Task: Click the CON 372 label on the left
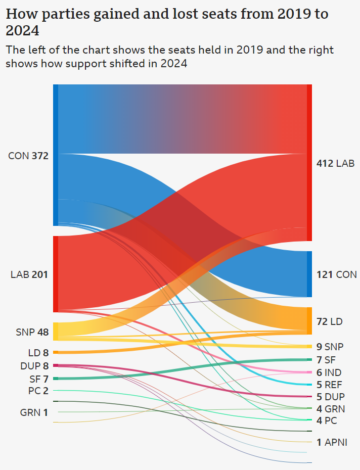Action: (x=28, y=156)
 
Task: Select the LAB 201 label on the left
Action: (x=29, y=275)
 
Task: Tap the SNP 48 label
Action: (x=32, y=333)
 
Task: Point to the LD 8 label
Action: (x=38, y=353)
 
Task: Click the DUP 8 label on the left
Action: (x=35, y=366)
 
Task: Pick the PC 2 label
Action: (x=38, y=391)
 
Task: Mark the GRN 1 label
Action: (x=34, y=412)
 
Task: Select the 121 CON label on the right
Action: (x=336, y=275)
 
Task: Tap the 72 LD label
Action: (x=329, y=321)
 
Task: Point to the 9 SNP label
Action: (x=330, y=347)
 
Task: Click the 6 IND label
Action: (x=329, y=372)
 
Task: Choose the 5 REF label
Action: (x=329, y=385)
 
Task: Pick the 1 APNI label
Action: (x=332, y=442)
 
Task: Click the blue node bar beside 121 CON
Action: (x=309, y=274)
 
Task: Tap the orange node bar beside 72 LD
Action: (x=309, y=320)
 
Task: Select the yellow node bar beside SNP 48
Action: (x=56, y=332)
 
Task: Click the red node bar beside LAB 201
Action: (x=56, y=274)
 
